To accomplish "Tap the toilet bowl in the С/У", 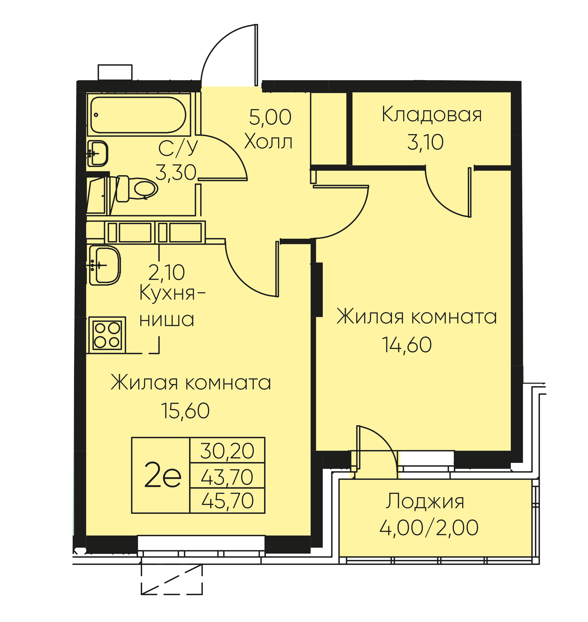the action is coord(137,189).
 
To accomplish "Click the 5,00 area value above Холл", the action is coord(270,117).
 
